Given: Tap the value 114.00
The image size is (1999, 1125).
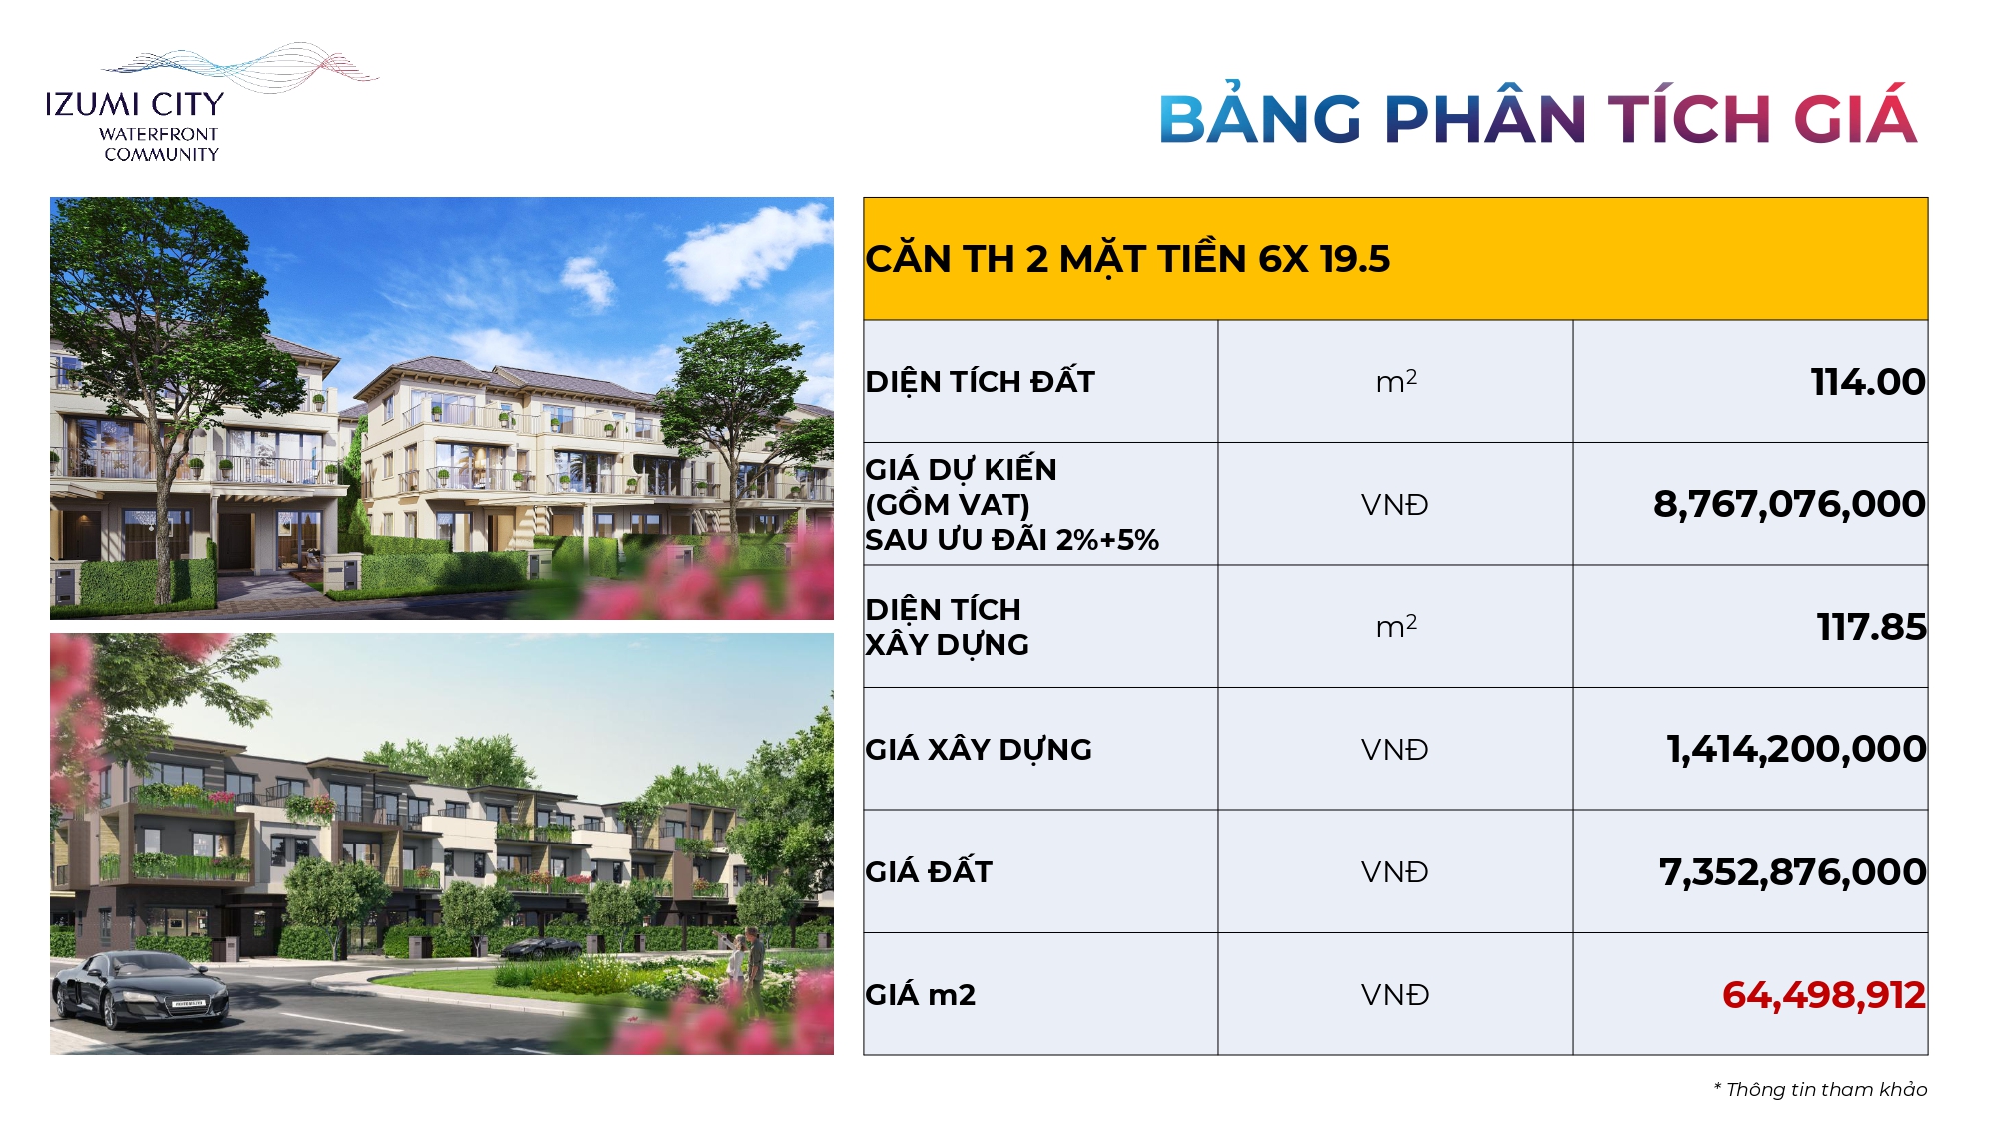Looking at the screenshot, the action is point(1868,382).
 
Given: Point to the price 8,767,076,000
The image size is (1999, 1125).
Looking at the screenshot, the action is point(1789,504).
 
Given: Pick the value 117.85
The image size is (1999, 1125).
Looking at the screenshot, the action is point(1871,627).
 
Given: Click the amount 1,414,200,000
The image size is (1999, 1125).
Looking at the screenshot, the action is point(1796,749).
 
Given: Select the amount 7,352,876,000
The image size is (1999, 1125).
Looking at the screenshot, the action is point(1792,872).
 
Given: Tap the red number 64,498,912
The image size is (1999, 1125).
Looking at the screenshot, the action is point(1823,995).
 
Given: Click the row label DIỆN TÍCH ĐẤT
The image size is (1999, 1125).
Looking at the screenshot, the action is point(981,382).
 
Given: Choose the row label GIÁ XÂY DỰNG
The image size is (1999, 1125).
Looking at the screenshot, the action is point(979,749).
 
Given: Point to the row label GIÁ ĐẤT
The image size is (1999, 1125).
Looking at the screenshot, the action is point(929,872).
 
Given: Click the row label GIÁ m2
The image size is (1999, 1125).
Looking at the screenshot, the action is point(921,995).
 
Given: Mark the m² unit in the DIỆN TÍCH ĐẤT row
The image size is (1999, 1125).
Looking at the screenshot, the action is point(1396,381).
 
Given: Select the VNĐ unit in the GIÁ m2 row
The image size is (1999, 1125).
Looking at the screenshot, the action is point(1395,995).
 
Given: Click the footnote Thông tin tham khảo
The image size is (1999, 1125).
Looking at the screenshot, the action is point(1820,1089).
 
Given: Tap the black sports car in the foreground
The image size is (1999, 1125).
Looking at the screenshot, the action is point(140,990).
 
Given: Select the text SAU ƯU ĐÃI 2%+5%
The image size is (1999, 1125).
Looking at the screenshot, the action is point(1012,540).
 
